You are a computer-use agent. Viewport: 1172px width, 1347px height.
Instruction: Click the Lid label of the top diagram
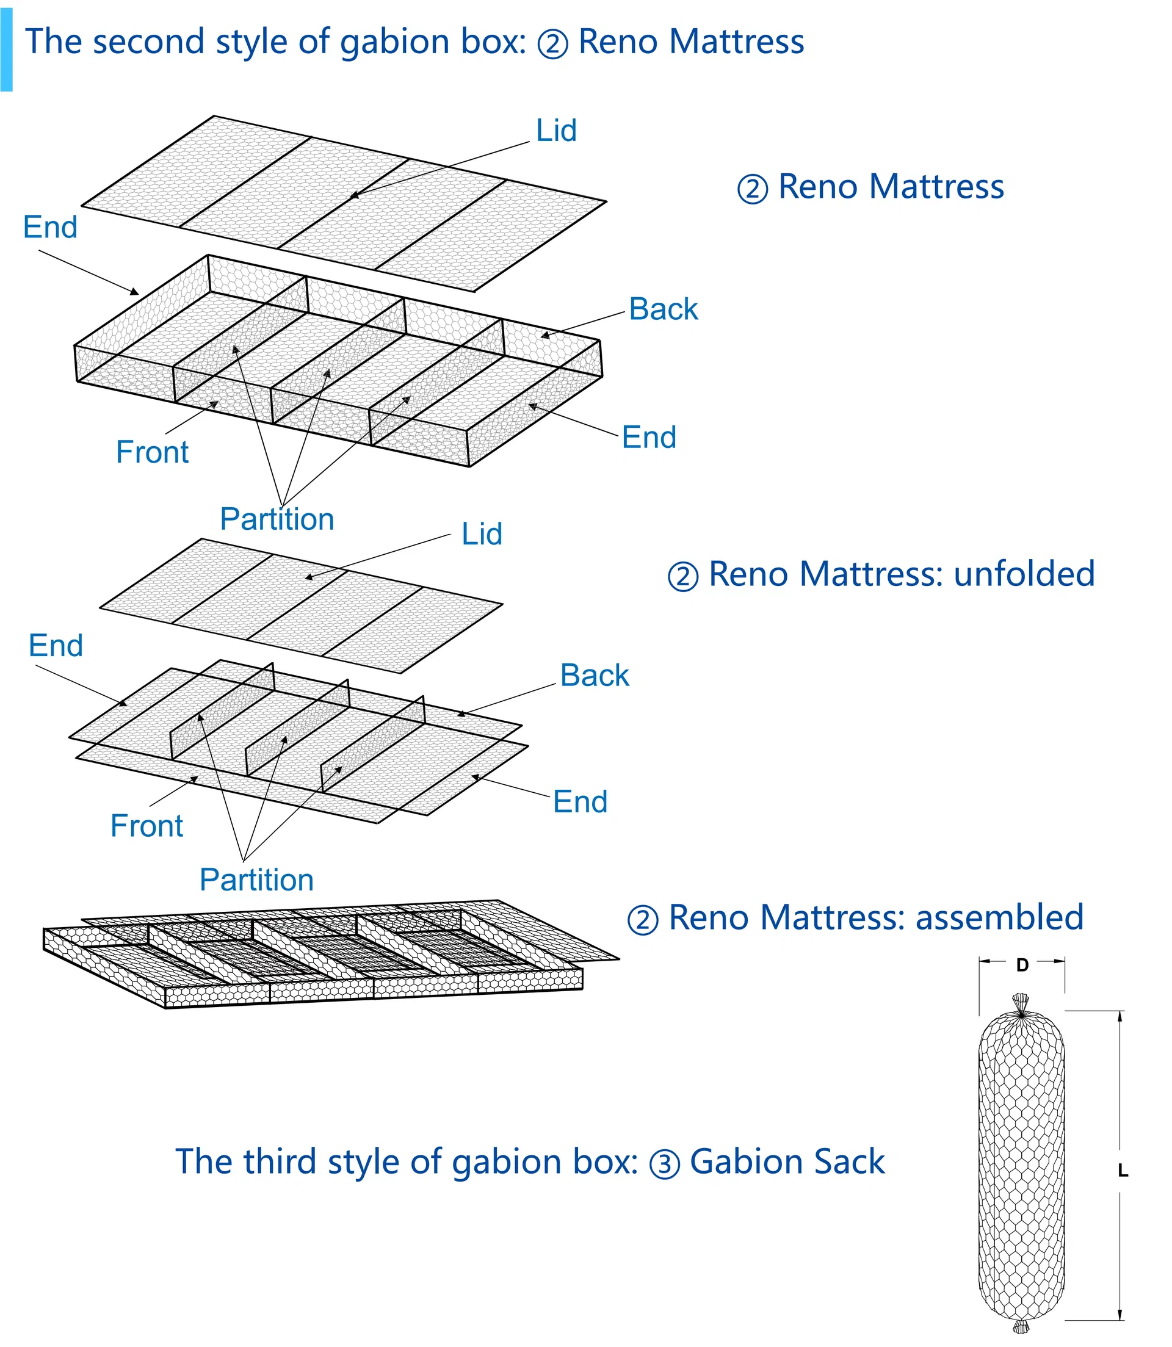(556, 131)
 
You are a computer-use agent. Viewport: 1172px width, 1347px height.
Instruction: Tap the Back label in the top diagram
(663, 309)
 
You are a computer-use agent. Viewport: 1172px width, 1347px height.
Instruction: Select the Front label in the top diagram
(152, 452)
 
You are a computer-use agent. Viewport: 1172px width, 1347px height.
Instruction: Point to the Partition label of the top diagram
(277, 519)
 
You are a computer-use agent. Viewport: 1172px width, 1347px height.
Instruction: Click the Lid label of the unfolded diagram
(482, 534)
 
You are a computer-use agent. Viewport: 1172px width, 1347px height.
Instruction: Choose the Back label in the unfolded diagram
(595, 676)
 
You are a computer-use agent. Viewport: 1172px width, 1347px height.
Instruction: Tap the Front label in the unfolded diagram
(146, 826)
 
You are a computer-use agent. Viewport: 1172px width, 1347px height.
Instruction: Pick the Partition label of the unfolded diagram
(256, 879)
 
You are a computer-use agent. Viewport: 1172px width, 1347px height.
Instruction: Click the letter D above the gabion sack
(1022, 964)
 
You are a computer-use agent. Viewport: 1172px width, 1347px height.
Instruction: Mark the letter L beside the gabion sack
(1123, 1171)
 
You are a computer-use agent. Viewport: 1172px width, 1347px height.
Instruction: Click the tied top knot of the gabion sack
(1020, 1004)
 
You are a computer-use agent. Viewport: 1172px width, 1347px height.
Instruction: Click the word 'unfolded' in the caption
(1024, 574)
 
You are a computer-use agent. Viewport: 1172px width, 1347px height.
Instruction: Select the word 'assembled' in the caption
(999, 917)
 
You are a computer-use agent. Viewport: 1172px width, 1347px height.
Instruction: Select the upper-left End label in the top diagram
(50, 228)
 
